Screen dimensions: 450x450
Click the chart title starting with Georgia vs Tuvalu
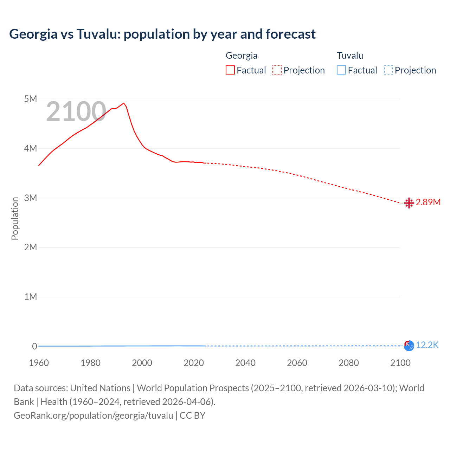pos(162,34)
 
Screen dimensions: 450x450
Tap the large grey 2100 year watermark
pos(76,111)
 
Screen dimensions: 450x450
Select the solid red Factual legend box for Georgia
pos(230,70)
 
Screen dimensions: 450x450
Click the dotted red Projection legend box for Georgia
pos(277,70)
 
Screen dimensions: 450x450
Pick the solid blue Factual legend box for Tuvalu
pos(341,70)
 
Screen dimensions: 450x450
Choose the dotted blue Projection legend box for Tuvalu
pos(388,70)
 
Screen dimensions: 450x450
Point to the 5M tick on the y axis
pos(31,99)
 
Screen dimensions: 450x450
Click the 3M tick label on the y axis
pos(31,198)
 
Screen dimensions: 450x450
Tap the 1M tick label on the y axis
pos(31,297)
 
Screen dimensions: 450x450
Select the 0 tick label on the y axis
pos(34,346)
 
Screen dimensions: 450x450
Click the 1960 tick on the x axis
pos(39,362)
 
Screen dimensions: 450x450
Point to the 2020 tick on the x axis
pos(194,362)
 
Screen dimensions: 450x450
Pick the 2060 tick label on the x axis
pos(297,362)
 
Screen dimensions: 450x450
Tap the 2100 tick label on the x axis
pos(400,362)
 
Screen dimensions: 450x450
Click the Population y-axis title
pos(15,218)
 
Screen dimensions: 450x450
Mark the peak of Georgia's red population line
pos(123,103)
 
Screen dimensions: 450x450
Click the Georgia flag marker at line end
pos(409,203)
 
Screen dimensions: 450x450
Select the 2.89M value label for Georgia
pos(428,202)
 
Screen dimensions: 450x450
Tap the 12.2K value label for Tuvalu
pos(427,345)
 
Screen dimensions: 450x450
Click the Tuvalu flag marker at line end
pos(409,346)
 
